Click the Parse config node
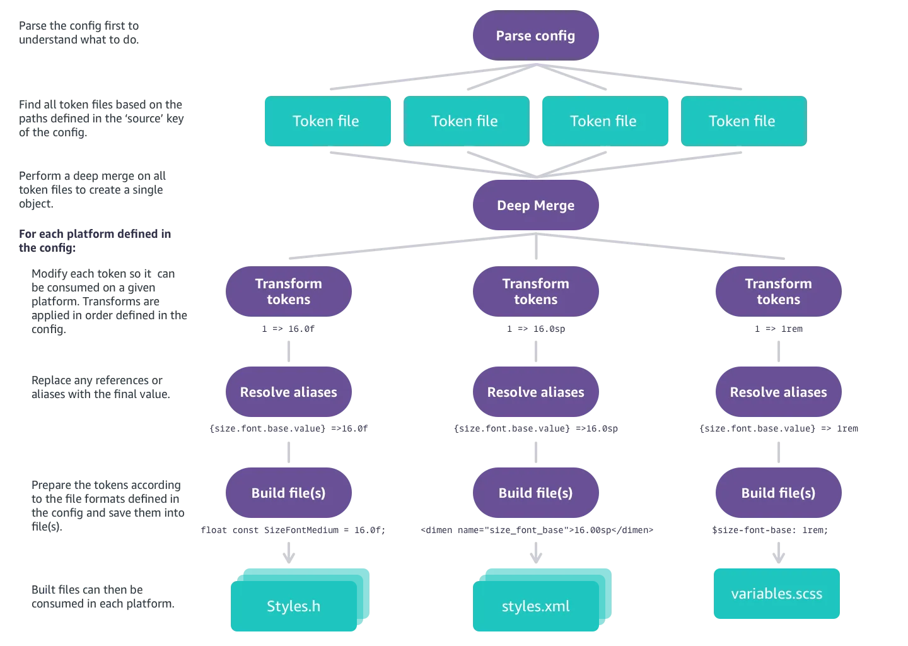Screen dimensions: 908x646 tap(535, 36)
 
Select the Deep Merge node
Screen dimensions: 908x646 tap(535, 205)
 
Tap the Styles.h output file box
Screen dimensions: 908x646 tap(294, 606)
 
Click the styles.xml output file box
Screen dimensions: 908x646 tap(535, 606)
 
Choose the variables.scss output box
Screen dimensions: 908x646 tap(777, 594)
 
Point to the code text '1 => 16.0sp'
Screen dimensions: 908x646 tap(536, 329)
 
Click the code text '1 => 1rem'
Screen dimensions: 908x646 tap(779, 329)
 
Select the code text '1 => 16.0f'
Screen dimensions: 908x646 tap(288, 329)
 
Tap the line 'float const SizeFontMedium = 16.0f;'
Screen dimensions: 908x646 tap(293, 530)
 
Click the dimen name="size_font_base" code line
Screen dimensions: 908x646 tap(537, 530)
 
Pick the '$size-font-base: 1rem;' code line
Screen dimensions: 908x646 tap(770, 530)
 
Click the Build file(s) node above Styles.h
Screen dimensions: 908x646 tap(289, 493)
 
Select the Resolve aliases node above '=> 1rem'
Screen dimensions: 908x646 tap(779, 392)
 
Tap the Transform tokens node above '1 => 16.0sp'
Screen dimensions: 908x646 tap(535, 291)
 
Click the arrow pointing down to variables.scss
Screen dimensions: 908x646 tap(779, 553)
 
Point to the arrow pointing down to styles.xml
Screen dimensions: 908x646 tap(536, 553)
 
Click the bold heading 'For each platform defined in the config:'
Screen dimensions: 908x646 tap(95, 241)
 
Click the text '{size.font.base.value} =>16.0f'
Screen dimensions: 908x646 tap(289, 428)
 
